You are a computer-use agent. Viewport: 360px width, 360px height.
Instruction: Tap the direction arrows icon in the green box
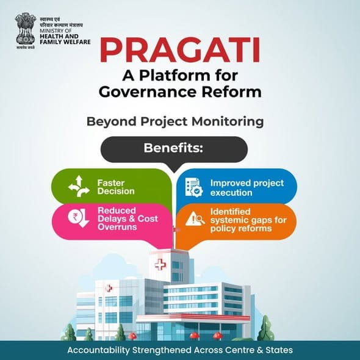tap(79, 187)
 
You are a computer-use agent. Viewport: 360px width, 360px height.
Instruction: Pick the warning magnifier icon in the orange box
tap(195, 218)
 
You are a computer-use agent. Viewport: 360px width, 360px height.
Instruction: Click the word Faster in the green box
tap(110, 182)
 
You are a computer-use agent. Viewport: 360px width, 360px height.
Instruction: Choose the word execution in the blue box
tap(231, 192)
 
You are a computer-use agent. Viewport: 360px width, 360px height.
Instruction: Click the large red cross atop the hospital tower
tap(160, 265)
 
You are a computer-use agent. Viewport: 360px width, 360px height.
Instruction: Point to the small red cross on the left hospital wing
tap(109, 288)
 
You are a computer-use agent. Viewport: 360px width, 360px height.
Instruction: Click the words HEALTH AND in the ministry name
tap(56, 37)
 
